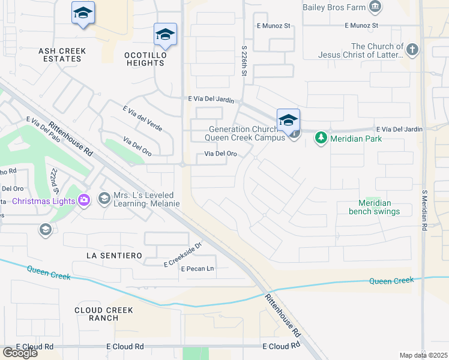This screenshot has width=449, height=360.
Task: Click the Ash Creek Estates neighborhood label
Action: (62, 55)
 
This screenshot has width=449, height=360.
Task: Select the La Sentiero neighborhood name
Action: (114, 256)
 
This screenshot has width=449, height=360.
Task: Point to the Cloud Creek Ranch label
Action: (104, 314)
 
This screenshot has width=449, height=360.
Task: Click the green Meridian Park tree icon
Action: (321, 139)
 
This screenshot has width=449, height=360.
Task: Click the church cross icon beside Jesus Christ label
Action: (412, 50)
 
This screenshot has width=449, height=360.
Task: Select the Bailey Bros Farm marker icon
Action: (376, 7)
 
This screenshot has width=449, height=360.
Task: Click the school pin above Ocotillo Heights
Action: (165, 34)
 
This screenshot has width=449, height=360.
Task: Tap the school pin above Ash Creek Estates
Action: (83, 13)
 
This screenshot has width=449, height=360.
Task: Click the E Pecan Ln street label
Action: (197, 268)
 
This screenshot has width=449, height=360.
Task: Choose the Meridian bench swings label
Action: (375, 207)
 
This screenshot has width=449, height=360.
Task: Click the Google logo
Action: (20, 353)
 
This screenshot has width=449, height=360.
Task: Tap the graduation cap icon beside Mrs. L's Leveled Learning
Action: (104, 198)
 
